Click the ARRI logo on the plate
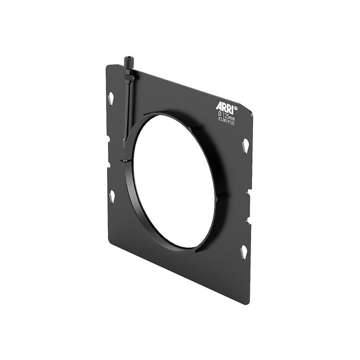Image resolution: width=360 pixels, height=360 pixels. click(225, 106)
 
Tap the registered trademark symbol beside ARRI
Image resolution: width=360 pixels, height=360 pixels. click(236, 107)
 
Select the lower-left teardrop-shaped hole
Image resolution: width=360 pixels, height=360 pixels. click(112, 195)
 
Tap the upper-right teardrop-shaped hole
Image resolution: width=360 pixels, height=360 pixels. click(245, 145)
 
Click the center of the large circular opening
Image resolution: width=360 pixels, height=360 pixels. click(175, 181)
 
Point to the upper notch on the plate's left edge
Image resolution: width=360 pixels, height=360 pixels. click(107, 138)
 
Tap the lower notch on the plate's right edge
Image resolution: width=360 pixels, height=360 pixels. click(248, 218)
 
